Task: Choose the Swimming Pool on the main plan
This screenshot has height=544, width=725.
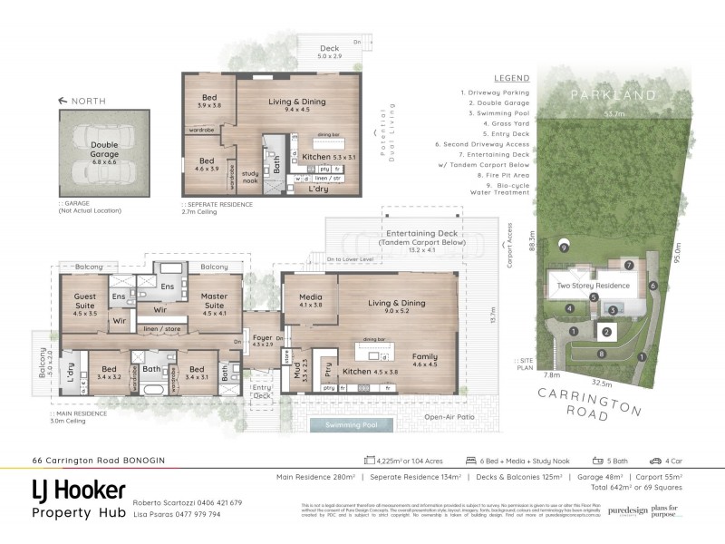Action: [351, 425]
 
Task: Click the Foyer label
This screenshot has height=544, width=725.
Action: [262, 340]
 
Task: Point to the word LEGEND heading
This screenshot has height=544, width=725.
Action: [512, 78]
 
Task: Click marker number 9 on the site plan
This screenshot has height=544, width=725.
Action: [564, 246]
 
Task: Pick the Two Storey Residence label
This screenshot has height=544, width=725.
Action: [593, 285]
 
